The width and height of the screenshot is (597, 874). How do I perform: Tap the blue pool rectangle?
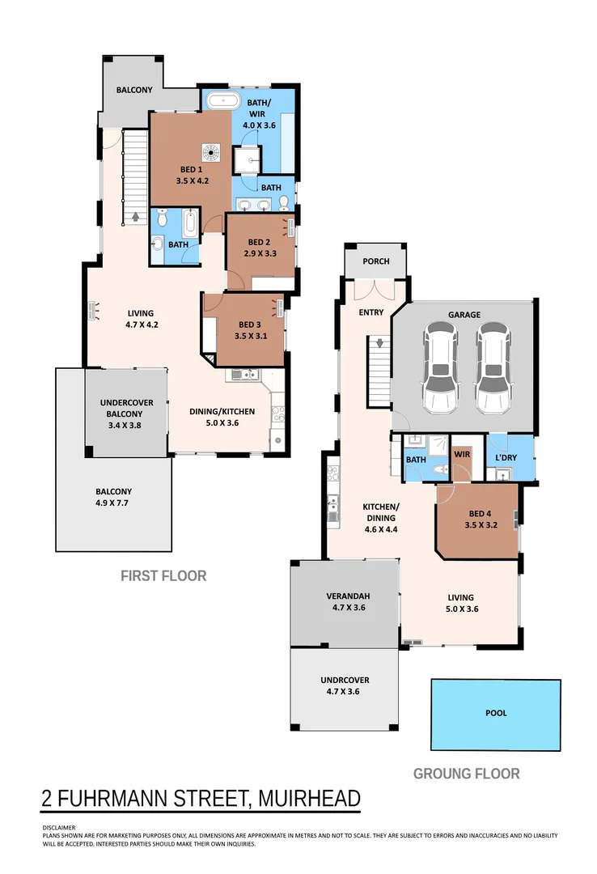click(x=495, y=715)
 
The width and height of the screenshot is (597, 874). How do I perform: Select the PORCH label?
click(x=375, y=261)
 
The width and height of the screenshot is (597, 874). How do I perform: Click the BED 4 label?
click(x=479, y=514)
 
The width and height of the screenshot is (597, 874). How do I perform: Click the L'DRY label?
click(x=506, y=458)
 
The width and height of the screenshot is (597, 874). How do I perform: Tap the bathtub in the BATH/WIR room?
click(x=221, y=101)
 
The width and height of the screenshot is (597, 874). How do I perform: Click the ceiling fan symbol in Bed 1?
click(x=211, y=151)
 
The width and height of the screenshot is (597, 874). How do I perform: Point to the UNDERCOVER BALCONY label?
click(x=126, y=403)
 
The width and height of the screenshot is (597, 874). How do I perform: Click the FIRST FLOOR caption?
click(x=163, y=576)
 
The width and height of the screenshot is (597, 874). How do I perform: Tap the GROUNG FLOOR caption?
click(x=466, y=774)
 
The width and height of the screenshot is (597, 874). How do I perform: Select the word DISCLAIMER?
click(x=59, y=828)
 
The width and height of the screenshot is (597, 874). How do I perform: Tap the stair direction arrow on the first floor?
click(x=135, y=217)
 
